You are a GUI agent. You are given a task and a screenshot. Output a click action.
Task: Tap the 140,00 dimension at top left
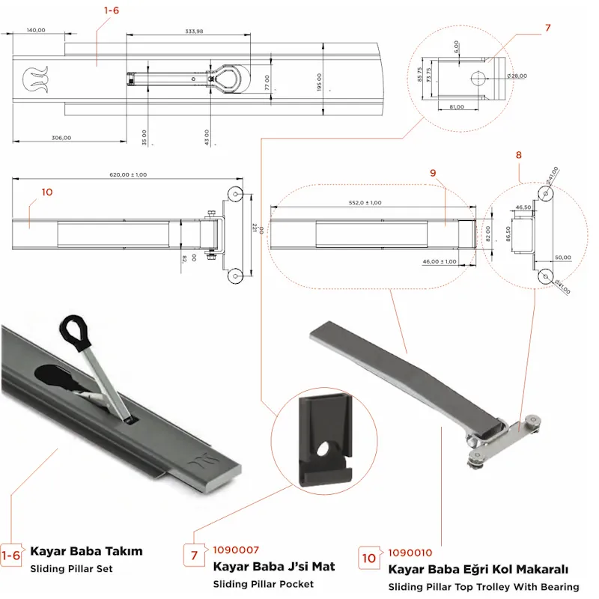(36, 30)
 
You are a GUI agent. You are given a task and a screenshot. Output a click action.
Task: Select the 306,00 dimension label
(61, 137)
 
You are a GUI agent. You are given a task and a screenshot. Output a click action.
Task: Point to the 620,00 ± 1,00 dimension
(128, 174)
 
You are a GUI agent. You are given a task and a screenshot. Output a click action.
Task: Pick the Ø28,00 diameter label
(517, 76)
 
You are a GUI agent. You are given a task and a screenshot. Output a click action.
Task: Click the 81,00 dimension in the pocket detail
(456, 108)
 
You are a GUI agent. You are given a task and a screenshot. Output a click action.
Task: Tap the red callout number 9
(433, 173)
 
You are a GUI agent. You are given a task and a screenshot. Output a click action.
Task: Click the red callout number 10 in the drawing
(47, 192)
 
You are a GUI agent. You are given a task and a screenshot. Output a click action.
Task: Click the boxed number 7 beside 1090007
(193, 556)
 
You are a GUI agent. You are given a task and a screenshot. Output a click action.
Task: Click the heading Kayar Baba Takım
(86, 551)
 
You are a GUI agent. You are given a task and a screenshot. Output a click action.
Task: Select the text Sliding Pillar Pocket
(263, 583)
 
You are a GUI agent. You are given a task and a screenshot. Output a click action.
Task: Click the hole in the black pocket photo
(324, 449)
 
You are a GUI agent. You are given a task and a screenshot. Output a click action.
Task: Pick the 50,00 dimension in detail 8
(562, 258)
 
